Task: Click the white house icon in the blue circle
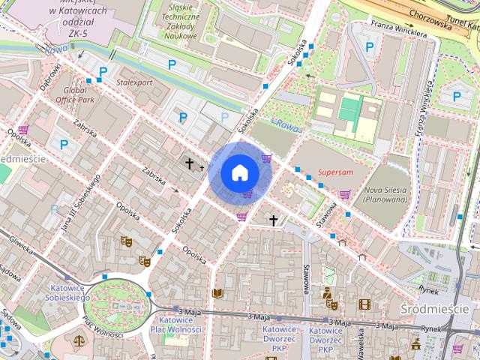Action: [239, 172]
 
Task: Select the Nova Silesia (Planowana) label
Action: [384, 195]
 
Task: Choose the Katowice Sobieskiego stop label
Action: [70, 292]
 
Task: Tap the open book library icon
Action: [217, 293]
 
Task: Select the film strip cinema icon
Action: [364, 304]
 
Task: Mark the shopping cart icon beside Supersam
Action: [344, 194]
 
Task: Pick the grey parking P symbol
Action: [226, 117]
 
